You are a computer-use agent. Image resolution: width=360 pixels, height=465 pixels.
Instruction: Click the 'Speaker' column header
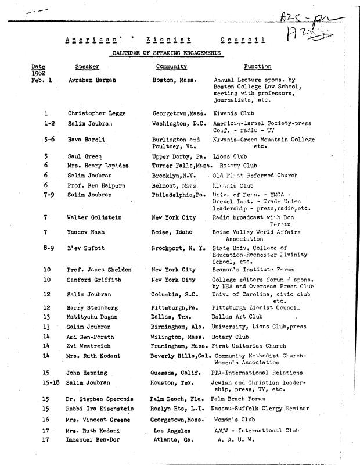tap(87, 67)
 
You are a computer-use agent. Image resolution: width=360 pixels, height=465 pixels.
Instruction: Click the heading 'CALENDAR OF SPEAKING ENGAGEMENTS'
tap(167, 53)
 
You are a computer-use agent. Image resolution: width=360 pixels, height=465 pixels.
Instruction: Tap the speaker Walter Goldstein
tap(93, 217)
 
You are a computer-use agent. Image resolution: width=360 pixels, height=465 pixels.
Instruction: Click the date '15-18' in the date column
tap(49, 382)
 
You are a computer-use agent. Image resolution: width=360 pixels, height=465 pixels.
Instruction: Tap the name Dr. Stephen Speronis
tap(100, 416)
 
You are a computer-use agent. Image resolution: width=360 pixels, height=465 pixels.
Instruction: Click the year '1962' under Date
tap(38, 74)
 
